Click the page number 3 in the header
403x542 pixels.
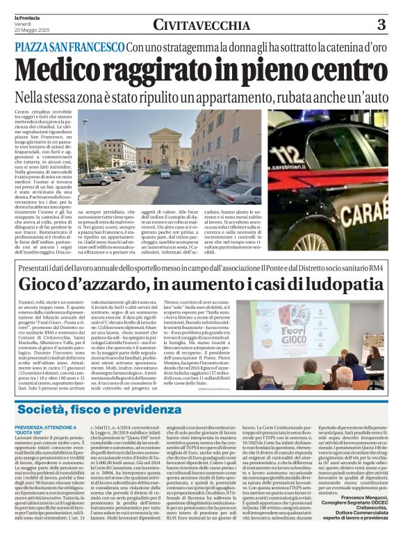coord(381,26)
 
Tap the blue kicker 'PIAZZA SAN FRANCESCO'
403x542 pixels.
coord(68,46)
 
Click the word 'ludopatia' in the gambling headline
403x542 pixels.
coord(339,284)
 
